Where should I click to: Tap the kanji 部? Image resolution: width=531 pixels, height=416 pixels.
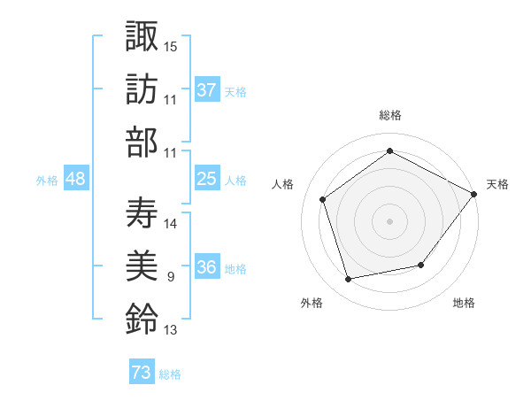point(142,143)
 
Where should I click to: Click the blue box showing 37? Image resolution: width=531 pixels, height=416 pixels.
point(207,90)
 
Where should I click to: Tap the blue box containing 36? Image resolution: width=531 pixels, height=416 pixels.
point(207,268)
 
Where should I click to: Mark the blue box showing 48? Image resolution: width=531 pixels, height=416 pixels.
point(76,180)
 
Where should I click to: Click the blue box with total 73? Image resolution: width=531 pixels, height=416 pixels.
point(142,373)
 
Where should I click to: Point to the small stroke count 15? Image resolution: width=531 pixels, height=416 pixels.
point(171,45)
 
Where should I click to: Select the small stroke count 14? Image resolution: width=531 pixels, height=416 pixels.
point(171,223)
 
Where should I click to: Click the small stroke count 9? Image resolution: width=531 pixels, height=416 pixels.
point(170,278)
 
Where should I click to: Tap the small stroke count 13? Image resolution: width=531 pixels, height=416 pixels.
point(171,331)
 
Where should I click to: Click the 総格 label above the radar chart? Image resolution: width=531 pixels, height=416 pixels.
point(390,115)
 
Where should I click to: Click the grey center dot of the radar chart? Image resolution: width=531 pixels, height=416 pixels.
point(390,220)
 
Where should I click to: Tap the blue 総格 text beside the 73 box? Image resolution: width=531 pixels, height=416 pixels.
point(170,374)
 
